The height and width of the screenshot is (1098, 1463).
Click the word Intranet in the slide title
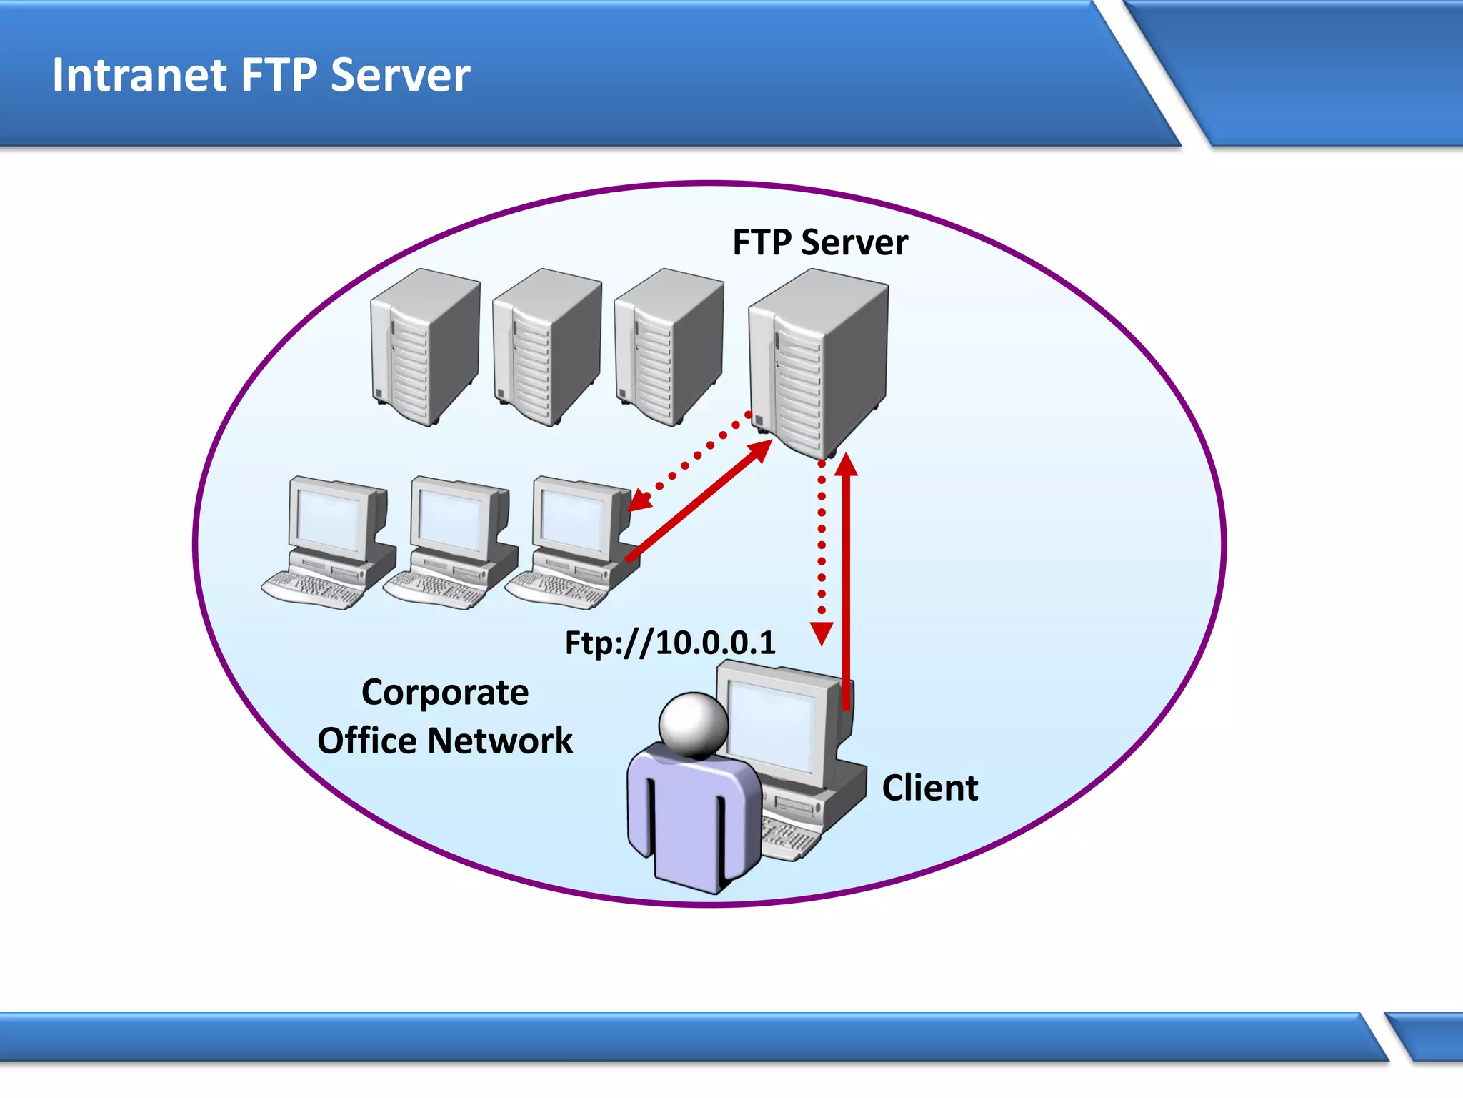click(x=139, y=75)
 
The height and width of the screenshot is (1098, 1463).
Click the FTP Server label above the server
click(x=820, y=242)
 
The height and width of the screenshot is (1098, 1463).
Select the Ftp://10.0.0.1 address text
click(x=669, y=643)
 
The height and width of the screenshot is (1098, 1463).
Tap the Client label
click(x=929, y=788)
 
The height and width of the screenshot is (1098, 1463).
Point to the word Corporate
click(x=444, y=693)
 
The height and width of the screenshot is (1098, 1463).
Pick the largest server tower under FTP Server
click(x=818, y=361)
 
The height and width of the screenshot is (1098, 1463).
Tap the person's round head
click(x=692, y=723)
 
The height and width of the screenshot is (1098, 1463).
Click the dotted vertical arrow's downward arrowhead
click(x=822, y=633)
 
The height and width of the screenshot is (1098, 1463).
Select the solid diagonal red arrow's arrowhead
click(x=761, y=450)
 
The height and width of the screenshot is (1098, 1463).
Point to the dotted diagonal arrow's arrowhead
click(x=638, y=501)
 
